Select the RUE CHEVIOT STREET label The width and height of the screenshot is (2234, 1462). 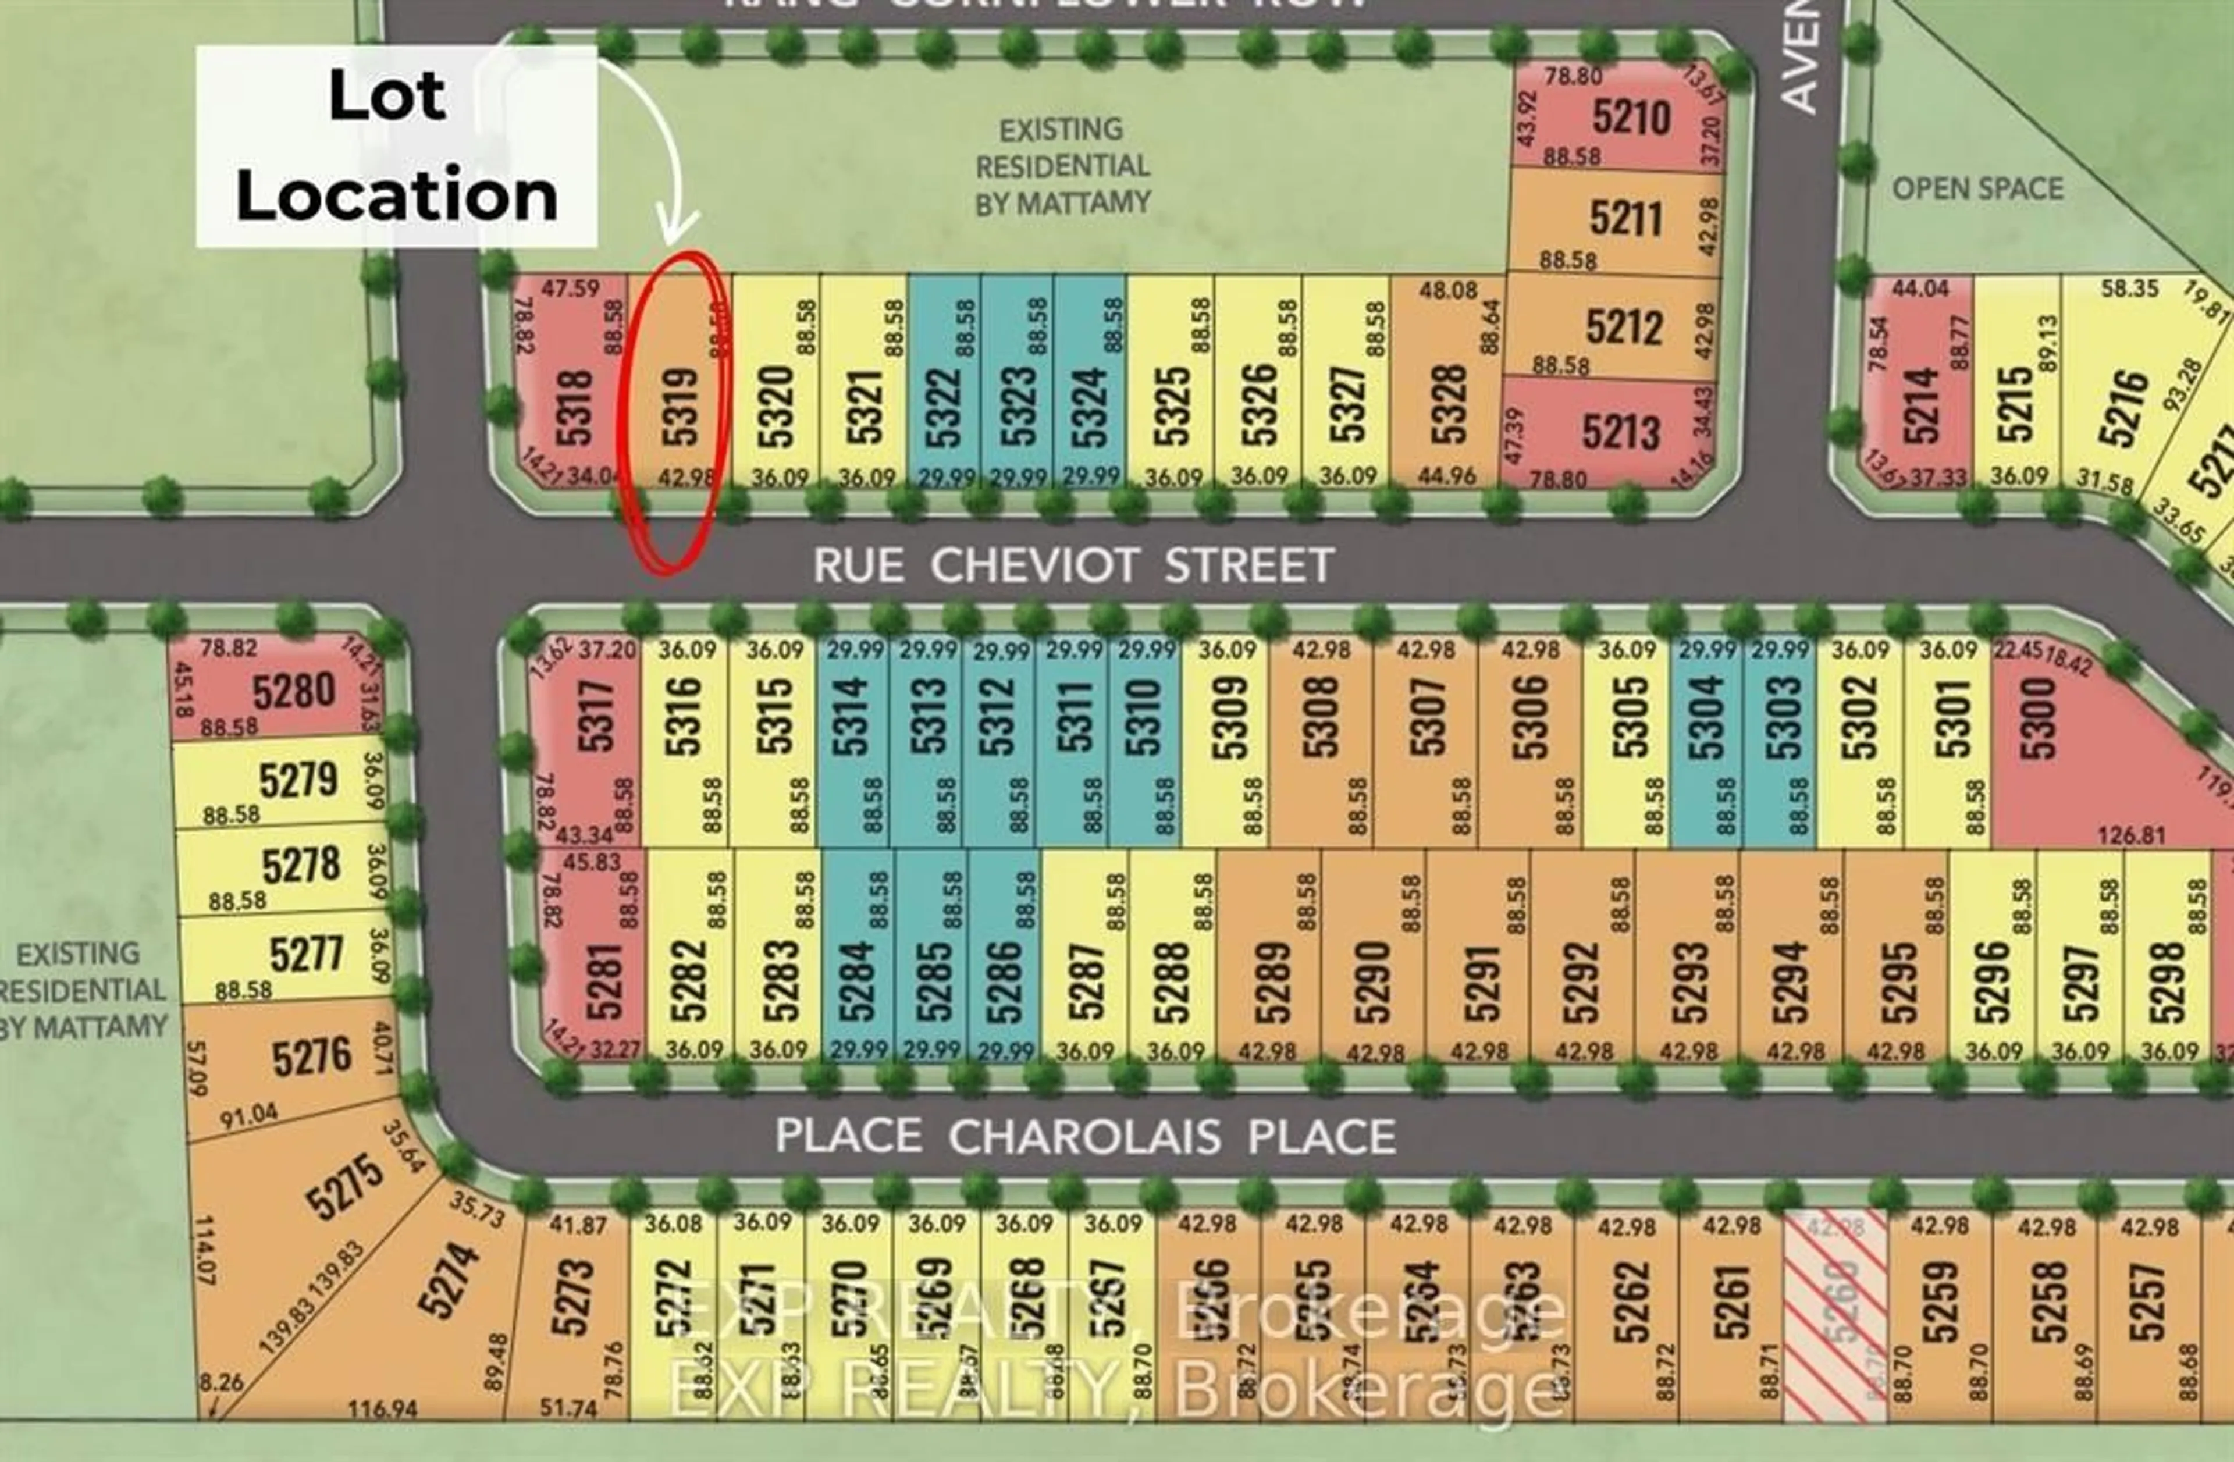(x=1073, y=565)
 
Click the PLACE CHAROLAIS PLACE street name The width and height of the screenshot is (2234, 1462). (x=1085, y=1136)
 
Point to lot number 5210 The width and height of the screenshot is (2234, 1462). (x=1631, y=118)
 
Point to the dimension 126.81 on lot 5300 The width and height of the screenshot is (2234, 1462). (x=2131, y=834)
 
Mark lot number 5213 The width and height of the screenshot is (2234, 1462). (x=1620, y=432)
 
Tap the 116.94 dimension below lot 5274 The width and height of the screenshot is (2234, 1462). (x=382, y=1408)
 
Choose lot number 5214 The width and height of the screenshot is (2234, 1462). (x=1920, y=405)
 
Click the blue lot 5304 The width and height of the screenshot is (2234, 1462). (x=1706, y=718)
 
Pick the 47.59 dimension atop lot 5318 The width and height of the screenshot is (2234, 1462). (x=570, y=288)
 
